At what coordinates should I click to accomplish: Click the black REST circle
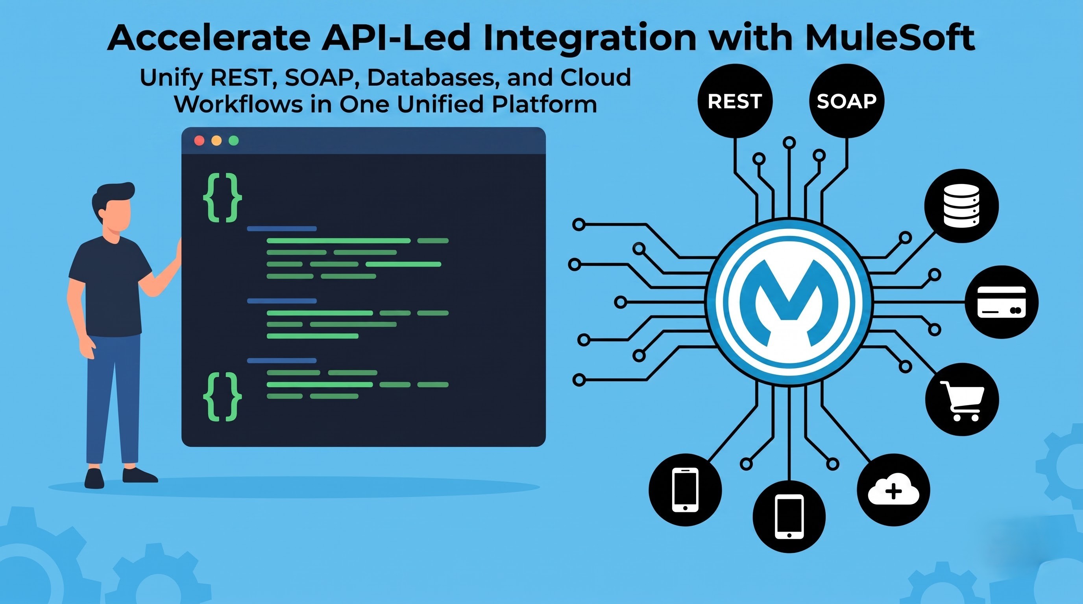[735, 101]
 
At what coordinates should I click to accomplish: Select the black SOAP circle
[846, 101]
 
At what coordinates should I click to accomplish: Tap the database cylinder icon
[961, 205]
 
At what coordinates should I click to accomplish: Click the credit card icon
[1002, 302]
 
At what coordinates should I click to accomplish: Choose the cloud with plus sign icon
[893, 490]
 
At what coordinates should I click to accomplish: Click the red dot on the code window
[199, 141]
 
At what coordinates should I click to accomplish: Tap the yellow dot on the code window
[216, 141]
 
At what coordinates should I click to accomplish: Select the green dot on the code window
[234, 141]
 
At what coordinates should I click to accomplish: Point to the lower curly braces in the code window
[222, 397]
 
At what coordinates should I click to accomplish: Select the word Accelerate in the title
[209, 38]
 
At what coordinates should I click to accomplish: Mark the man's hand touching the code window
[178, 252]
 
